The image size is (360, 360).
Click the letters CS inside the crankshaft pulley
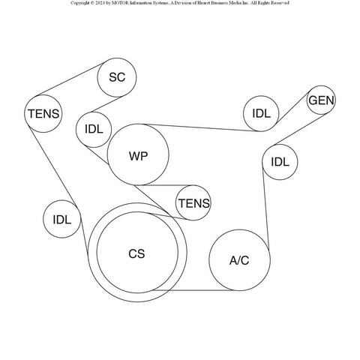136,253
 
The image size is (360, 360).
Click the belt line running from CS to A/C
193,290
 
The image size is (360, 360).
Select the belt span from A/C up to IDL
265,208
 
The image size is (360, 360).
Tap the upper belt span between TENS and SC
71,79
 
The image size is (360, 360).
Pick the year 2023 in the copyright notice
100,3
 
